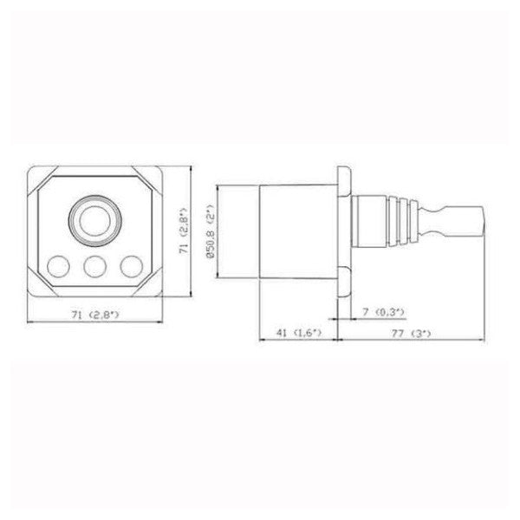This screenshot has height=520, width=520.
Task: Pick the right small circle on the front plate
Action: tap(131, 264)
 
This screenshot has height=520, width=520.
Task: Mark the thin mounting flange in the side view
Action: tap(344, 229)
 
